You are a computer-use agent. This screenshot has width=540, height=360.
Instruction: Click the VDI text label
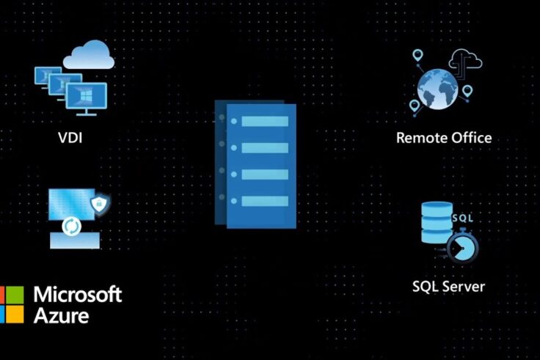[69, 136]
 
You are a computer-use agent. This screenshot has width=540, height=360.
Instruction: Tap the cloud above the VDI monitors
[90, 55]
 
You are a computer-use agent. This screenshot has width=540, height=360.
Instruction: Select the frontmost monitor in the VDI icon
[86, 98]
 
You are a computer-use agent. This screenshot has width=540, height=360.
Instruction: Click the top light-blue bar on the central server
[264, 121]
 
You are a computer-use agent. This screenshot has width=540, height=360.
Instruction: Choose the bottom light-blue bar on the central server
[264, 201]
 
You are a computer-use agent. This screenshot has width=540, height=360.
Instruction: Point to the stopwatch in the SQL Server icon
[461, 248]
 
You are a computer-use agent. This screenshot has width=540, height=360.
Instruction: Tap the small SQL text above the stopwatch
[463, 218]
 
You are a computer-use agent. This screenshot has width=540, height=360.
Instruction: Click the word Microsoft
[78, 295]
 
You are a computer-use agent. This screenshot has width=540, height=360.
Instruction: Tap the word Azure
[62, 316]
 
